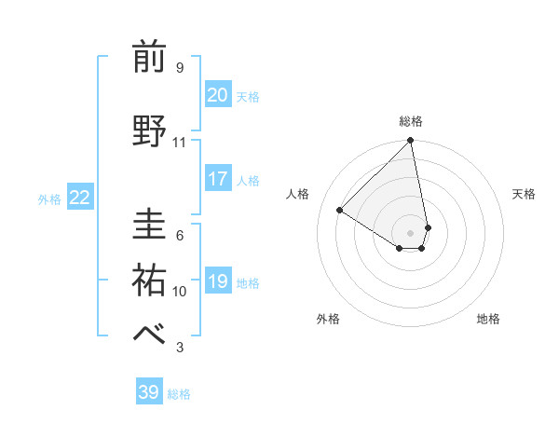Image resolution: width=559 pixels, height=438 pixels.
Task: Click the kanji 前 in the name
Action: tap(150, 57)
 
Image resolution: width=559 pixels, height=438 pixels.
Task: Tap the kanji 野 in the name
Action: tap(150, 130)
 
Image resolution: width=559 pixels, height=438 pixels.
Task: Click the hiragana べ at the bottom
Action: tap(150, 335)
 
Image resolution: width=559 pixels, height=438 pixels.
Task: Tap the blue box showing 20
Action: tap(218, 95)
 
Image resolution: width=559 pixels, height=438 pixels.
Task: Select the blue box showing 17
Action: tap(218, 179)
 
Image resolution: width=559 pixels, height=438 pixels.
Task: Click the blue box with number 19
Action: tap(218, 281)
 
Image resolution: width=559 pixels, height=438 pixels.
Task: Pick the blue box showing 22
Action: tap(80, 198)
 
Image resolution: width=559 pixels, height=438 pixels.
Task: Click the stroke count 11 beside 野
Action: tap(179, 143)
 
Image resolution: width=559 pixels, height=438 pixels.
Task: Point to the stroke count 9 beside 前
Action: tap(179, 68)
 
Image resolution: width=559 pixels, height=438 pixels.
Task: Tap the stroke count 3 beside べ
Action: tap(179, 348)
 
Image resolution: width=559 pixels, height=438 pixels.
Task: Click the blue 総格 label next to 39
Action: tap(179, 394)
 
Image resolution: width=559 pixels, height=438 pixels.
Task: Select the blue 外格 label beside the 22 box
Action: tap(49, 198)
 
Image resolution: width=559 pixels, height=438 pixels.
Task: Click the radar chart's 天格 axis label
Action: tap(524, 194)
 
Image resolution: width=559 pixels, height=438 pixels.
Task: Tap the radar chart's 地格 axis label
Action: tap(488, 319)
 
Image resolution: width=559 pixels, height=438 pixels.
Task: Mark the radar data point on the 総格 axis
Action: tap(410, 142)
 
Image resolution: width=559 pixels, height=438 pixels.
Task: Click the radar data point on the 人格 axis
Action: tap(340, 211)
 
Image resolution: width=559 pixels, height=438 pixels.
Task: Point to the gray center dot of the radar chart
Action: tap(410, 232)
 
